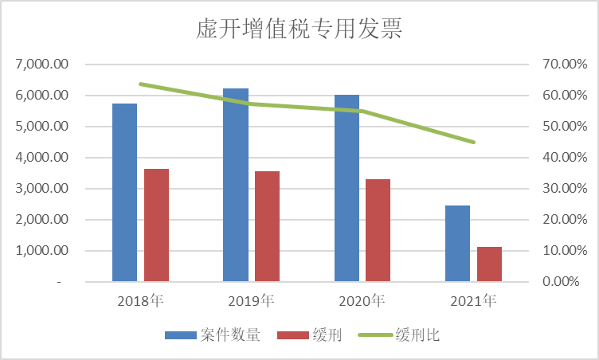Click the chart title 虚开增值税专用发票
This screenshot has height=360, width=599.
coord(299,29)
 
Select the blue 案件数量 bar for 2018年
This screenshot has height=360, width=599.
coord(124,192)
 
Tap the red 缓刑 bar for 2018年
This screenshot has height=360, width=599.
coord(156,225)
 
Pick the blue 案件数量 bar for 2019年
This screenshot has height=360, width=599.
coord(236,185)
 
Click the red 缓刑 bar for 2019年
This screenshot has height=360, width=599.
coord(267,226)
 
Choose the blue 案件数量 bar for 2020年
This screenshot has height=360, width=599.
coord(346,188)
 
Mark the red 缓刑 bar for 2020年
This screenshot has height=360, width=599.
coord(378,230)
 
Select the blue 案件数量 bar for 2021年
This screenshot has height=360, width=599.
coord(457,243)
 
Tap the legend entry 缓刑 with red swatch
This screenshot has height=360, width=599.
coord(310,335)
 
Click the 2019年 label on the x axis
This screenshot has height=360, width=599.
coord(251,301)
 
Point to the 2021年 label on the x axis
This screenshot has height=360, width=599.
coord(473,301)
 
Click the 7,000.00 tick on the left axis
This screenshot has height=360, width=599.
coord(42,64)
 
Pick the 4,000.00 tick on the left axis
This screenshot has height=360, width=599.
coord(42,158)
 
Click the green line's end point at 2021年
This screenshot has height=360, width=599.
coord(474,143)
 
